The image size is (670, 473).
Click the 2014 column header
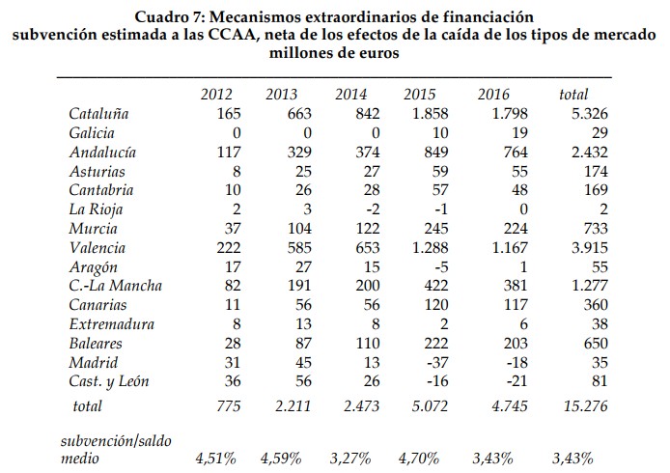tap(351, 95)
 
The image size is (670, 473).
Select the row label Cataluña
tap(99, 114)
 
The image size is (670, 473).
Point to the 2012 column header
tap(216, 95)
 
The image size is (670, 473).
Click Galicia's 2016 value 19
tap(512, 133)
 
